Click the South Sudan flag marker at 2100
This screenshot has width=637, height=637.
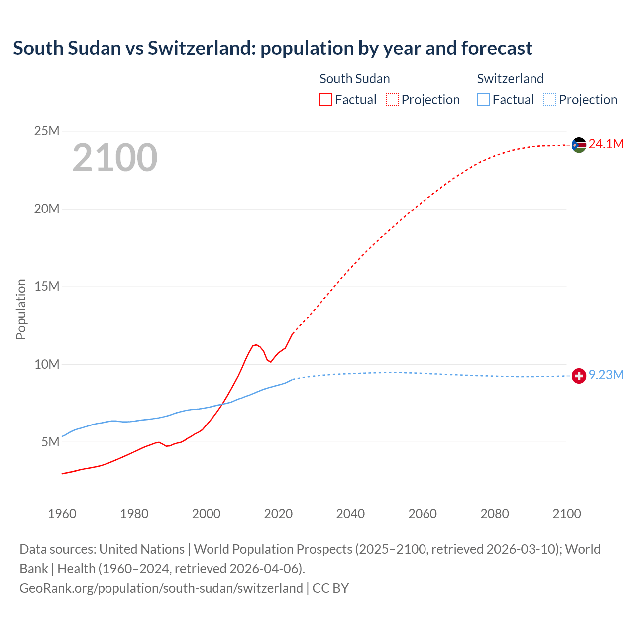579,145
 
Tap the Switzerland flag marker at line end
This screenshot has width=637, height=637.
579,376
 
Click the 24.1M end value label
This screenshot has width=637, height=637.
606,144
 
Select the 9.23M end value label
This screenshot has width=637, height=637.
606,375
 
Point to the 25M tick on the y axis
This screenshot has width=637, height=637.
47,131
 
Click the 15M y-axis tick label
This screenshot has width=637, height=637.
47,287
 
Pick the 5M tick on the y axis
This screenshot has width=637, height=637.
50,442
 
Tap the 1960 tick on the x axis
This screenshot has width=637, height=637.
62,514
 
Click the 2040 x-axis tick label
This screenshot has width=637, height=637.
350,514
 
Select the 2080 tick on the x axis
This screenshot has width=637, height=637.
495,514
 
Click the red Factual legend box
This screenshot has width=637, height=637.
326,100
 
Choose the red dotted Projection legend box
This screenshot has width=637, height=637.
392,100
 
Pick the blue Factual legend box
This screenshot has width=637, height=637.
483,100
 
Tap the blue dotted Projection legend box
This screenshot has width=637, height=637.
550,100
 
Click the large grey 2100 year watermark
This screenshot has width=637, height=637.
115,158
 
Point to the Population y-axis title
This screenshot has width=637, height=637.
21,309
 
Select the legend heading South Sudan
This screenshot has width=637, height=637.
354,79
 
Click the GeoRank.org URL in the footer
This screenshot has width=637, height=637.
161,588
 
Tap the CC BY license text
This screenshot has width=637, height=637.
330,588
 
